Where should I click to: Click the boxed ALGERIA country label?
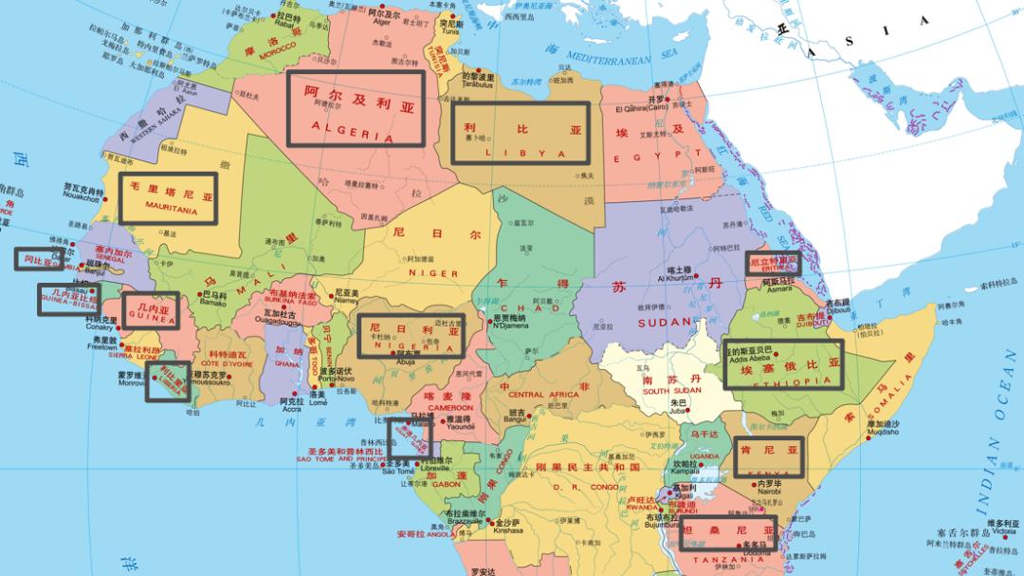point(356,108)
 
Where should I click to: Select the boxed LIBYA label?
point(520,133)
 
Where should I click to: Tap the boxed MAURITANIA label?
point(169,198)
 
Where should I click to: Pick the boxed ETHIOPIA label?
point(783,363)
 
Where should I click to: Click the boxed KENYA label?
point(768,457)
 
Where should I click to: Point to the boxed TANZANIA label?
point(728,533)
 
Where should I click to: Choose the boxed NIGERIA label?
point(411,336)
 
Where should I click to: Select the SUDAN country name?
point(666,323)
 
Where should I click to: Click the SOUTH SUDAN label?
point(671,390)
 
